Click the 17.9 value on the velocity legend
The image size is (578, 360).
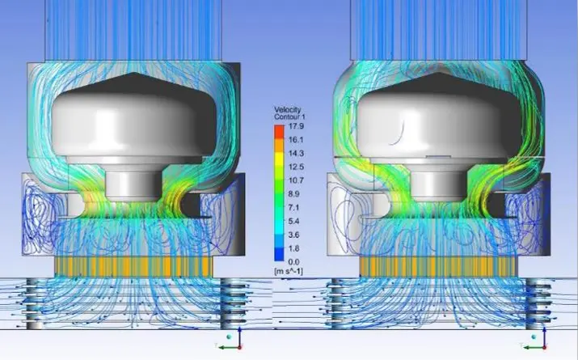coord(297,126)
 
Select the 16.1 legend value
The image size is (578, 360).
coord(296,140)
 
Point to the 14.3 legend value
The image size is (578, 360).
coord(296,154)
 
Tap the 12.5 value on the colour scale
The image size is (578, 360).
coord(296,167)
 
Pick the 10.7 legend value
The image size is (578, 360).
coord(296,180)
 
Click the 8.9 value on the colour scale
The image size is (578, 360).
coord(294,194)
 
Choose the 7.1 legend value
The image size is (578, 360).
coord(293,208)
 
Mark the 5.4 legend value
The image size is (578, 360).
coord(294,222)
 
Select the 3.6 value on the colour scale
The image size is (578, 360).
coord(294,235)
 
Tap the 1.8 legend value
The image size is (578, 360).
coord(293,248)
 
